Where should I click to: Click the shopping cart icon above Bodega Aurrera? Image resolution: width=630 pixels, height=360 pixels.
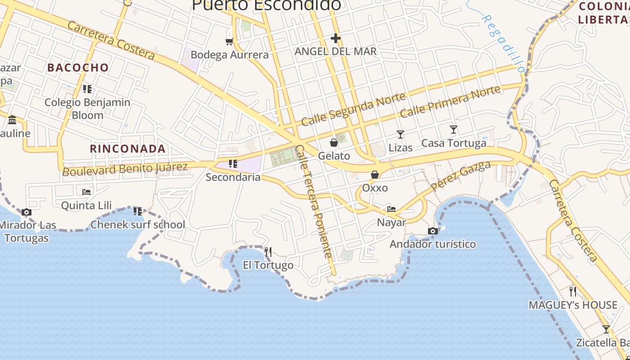coord(229,41)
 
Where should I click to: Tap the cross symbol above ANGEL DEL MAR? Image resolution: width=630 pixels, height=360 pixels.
coord(335,38)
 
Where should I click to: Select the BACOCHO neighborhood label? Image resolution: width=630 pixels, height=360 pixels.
coord(78,67)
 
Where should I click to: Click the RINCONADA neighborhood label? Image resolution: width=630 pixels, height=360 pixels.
coord(128,148)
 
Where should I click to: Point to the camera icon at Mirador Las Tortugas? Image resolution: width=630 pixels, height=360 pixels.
coord(27,212)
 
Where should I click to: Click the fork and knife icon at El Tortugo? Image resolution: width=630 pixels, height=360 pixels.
coord(268,252)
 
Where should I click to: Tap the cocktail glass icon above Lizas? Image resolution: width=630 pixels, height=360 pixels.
coord(400,134)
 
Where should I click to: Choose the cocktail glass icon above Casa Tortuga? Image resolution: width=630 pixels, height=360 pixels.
coord(454,130)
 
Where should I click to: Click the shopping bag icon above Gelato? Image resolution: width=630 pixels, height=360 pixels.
coord(334,143)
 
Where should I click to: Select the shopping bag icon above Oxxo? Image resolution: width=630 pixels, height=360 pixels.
coord(374,175)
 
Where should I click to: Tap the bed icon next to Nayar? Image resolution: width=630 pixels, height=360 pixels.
coord(391,209)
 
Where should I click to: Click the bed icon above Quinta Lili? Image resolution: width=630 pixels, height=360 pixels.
coord(86,192)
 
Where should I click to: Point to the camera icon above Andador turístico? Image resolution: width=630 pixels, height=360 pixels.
coord(433,231)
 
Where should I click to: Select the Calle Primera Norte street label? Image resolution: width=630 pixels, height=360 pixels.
coord(450,101)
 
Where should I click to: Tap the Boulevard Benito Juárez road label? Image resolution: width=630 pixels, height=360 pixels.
coord(125,169)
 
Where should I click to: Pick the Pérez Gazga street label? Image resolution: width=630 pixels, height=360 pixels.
coord(460,176)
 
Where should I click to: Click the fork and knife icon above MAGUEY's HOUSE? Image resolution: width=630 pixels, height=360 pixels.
coord(572,292)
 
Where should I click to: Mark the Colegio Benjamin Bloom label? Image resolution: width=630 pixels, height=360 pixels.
coord(87,108)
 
